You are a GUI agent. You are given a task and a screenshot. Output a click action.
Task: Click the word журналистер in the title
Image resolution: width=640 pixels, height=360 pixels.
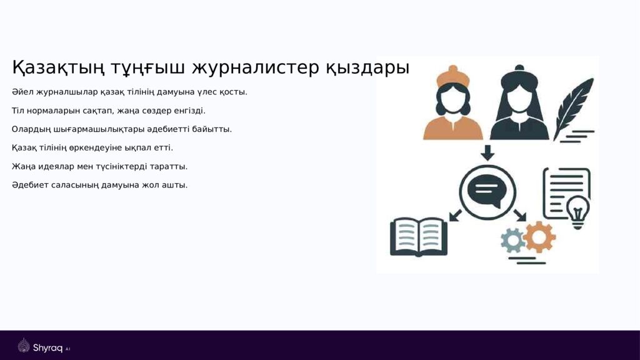pyautogui.click(x=256, y=67)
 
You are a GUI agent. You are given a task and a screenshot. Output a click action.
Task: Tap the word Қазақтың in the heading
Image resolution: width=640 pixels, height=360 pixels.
pyautogui.click(x=58, y=67)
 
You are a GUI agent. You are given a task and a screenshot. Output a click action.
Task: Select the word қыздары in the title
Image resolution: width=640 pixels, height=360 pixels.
pyautogui.click(x=367, y=67)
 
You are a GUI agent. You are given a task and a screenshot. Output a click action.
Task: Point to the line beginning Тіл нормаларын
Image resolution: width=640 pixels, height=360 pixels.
pyautogui.click(x=108, y=111)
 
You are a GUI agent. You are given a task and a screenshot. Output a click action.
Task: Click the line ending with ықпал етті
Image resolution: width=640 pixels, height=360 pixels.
pyautogui.click(x=92, y=148)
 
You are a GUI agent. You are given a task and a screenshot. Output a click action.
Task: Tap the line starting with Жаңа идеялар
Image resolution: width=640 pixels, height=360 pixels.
pyautogui.click(x=99, y=166)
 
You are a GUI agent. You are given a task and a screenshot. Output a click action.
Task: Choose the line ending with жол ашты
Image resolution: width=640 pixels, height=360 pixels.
pyautogui.click(x=99, y=185)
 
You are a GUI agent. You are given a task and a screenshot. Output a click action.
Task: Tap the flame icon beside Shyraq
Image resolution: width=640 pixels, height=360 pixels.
pyautogui.click(x=24, y=346)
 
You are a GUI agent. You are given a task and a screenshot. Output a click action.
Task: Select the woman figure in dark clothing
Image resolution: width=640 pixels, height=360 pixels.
pyautogui.click(x=519, y=106)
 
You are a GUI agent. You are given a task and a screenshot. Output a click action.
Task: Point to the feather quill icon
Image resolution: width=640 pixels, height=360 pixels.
pyautogui.click(x=574, y=106)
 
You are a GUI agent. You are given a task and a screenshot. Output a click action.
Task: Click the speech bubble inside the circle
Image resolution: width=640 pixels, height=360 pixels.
pyautogui.click(x=487, y=189)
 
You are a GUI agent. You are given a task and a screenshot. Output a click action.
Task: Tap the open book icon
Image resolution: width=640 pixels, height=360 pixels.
pyautogui.click(x=418, y=236)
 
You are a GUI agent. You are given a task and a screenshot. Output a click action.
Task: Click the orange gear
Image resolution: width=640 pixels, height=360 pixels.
pyautogui.click(x=539, y=236)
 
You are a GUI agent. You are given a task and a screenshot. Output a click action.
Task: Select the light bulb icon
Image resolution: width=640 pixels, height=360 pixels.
pyautogui.click(x=577, y=211)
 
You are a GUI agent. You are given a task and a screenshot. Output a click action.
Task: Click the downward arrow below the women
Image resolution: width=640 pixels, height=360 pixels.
pyautogui.click(x=487, y=152)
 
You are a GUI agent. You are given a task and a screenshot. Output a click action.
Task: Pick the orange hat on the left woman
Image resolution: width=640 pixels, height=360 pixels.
pyautogui.click(x=452, y=76)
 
